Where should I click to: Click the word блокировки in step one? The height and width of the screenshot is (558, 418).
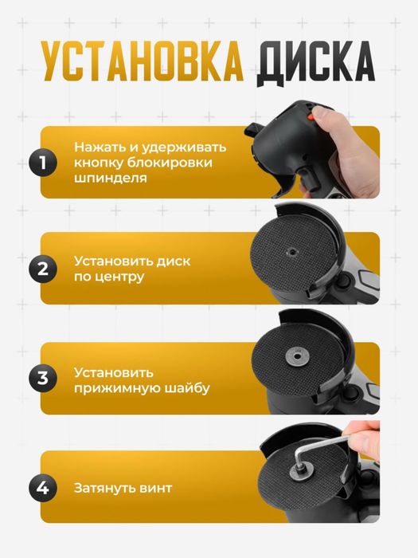tap(186, 163)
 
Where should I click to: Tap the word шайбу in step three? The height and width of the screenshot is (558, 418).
tap(188, 387)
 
